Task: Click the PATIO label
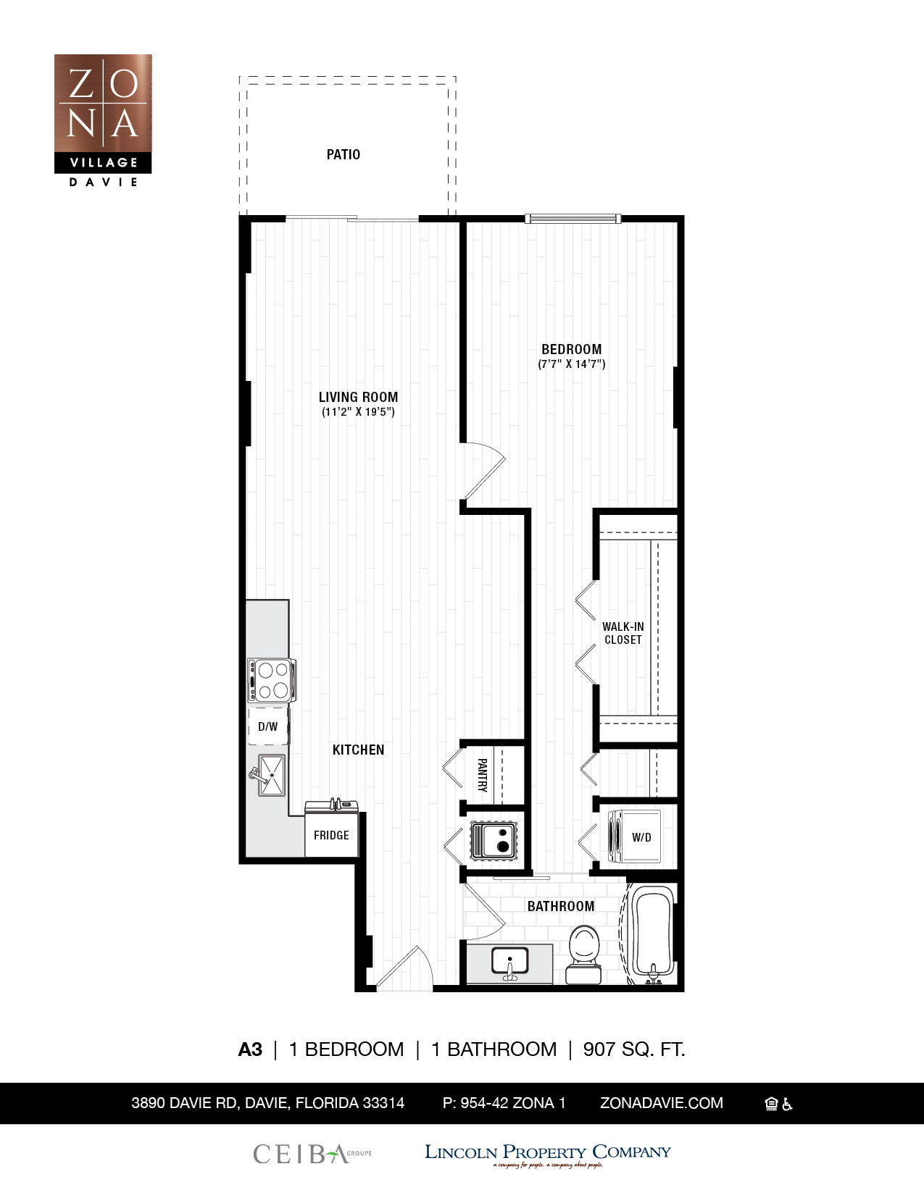(x=343, y=154)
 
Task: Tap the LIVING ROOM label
(x=358, y=397)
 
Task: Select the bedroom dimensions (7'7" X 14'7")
(x=571, y=364)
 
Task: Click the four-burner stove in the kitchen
(x=272, y=680)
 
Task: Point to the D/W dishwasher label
(x=267, y=726)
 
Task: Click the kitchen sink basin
(x=272, y=775)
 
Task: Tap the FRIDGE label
(x=331, y=835)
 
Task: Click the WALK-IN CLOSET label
(x=623, y=633)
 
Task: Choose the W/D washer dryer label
(x=641, y=837)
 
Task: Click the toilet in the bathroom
(x=584, y=952)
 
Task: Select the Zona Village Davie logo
(x=103, y=120)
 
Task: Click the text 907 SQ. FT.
(x=634, y=1049)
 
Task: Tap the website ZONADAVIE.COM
(x=661, y=1103)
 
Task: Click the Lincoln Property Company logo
(x=547, y=1153)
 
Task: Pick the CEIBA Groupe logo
(x=312, y=1153)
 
